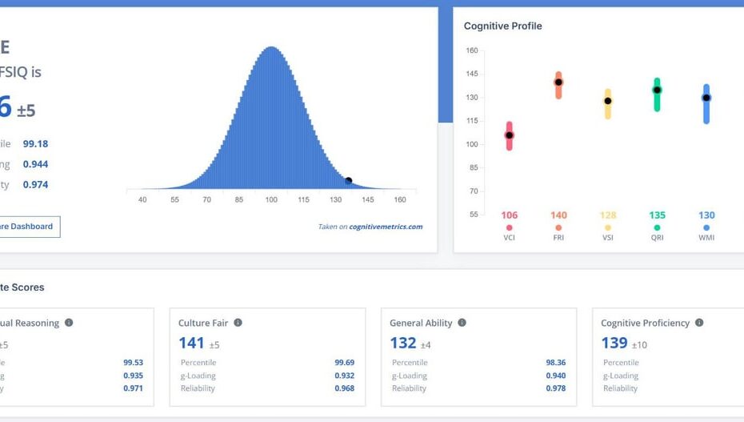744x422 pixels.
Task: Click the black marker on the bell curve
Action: click(x=348, y=181)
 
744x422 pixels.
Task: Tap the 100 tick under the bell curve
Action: click(x=271, y=199)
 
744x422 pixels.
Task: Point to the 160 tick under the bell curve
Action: click(x=400, y=199)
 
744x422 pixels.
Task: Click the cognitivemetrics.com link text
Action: click(x=386, y=227)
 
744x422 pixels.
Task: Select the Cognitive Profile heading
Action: click(x=502, y=26)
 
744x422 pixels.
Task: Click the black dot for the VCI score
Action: click(x=509, y=135)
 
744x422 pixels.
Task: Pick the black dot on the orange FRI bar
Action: click(x=558, y=82)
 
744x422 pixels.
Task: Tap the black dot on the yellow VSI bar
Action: click(x=608, y=101)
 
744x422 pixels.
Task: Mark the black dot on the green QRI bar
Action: click(x=657, y=90)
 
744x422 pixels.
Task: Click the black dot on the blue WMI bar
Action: click(x=706, y=98)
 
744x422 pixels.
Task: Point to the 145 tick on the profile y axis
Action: click(x=472, y=74)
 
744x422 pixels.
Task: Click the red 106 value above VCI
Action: click(x=509, y=215)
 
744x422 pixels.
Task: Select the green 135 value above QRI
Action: click(x=657, y=215)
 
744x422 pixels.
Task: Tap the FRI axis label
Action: click(x=558, y=238)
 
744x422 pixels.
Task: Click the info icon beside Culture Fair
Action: click(x=238, y=323)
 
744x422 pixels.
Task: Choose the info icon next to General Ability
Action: click(x=462, y=323)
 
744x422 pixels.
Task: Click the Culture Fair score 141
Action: click(x=191, y=343)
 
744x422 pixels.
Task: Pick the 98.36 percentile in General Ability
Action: click(x=555, y=363)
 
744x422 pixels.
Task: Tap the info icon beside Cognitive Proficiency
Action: click(x=699, y=323)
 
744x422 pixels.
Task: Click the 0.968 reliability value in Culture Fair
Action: click(x=344, y=388)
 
